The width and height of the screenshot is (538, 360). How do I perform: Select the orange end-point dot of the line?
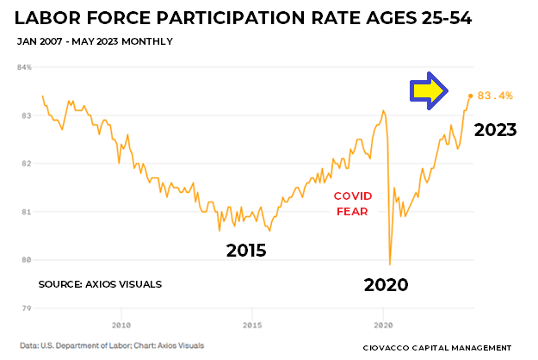click(470, 96)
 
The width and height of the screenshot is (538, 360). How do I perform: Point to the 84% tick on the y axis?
click(24, 67)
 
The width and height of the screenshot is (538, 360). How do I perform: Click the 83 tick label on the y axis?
click(26, 115)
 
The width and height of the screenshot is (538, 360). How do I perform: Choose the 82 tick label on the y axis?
click(26, 164)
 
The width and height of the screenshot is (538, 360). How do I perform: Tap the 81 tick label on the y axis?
click(26, 212)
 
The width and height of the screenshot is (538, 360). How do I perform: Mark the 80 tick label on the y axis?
click(26, 260)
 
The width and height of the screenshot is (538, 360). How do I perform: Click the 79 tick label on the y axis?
click(26, 308)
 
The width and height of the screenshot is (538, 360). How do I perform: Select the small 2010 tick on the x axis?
click(121, 326)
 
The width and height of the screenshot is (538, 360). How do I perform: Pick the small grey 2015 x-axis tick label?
click(252, 326)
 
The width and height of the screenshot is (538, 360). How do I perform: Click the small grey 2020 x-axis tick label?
click(383, 326)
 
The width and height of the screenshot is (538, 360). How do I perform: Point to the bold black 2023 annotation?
click(494, 131)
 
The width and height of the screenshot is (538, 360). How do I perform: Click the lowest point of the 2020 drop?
click(390, 264)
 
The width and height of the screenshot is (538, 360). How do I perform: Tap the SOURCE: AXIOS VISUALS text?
click(100, 283)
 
